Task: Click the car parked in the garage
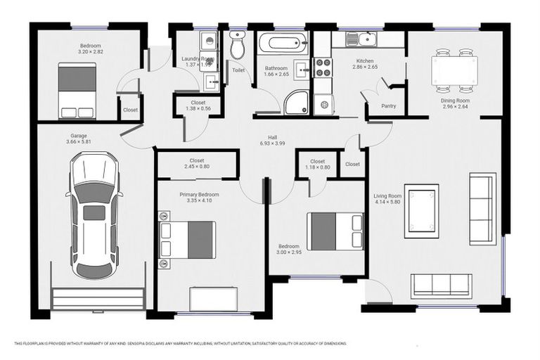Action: [94, 217]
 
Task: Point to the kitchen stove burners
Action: [323, 67]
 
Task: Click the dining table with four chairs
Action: [454, 70]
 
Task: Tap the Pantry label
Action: [388, 106]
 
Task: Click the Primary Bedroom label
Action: [198, 194]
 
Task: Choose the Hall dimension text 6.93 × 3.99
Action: [271, 143]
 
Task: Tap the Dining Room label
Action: [455, 101]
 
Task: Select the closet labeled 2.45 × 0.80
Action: [196, 164]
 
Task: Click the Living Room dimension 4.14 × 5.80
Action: [387, 202]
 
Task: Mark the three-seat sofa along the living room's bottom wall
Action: [440, 284]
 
